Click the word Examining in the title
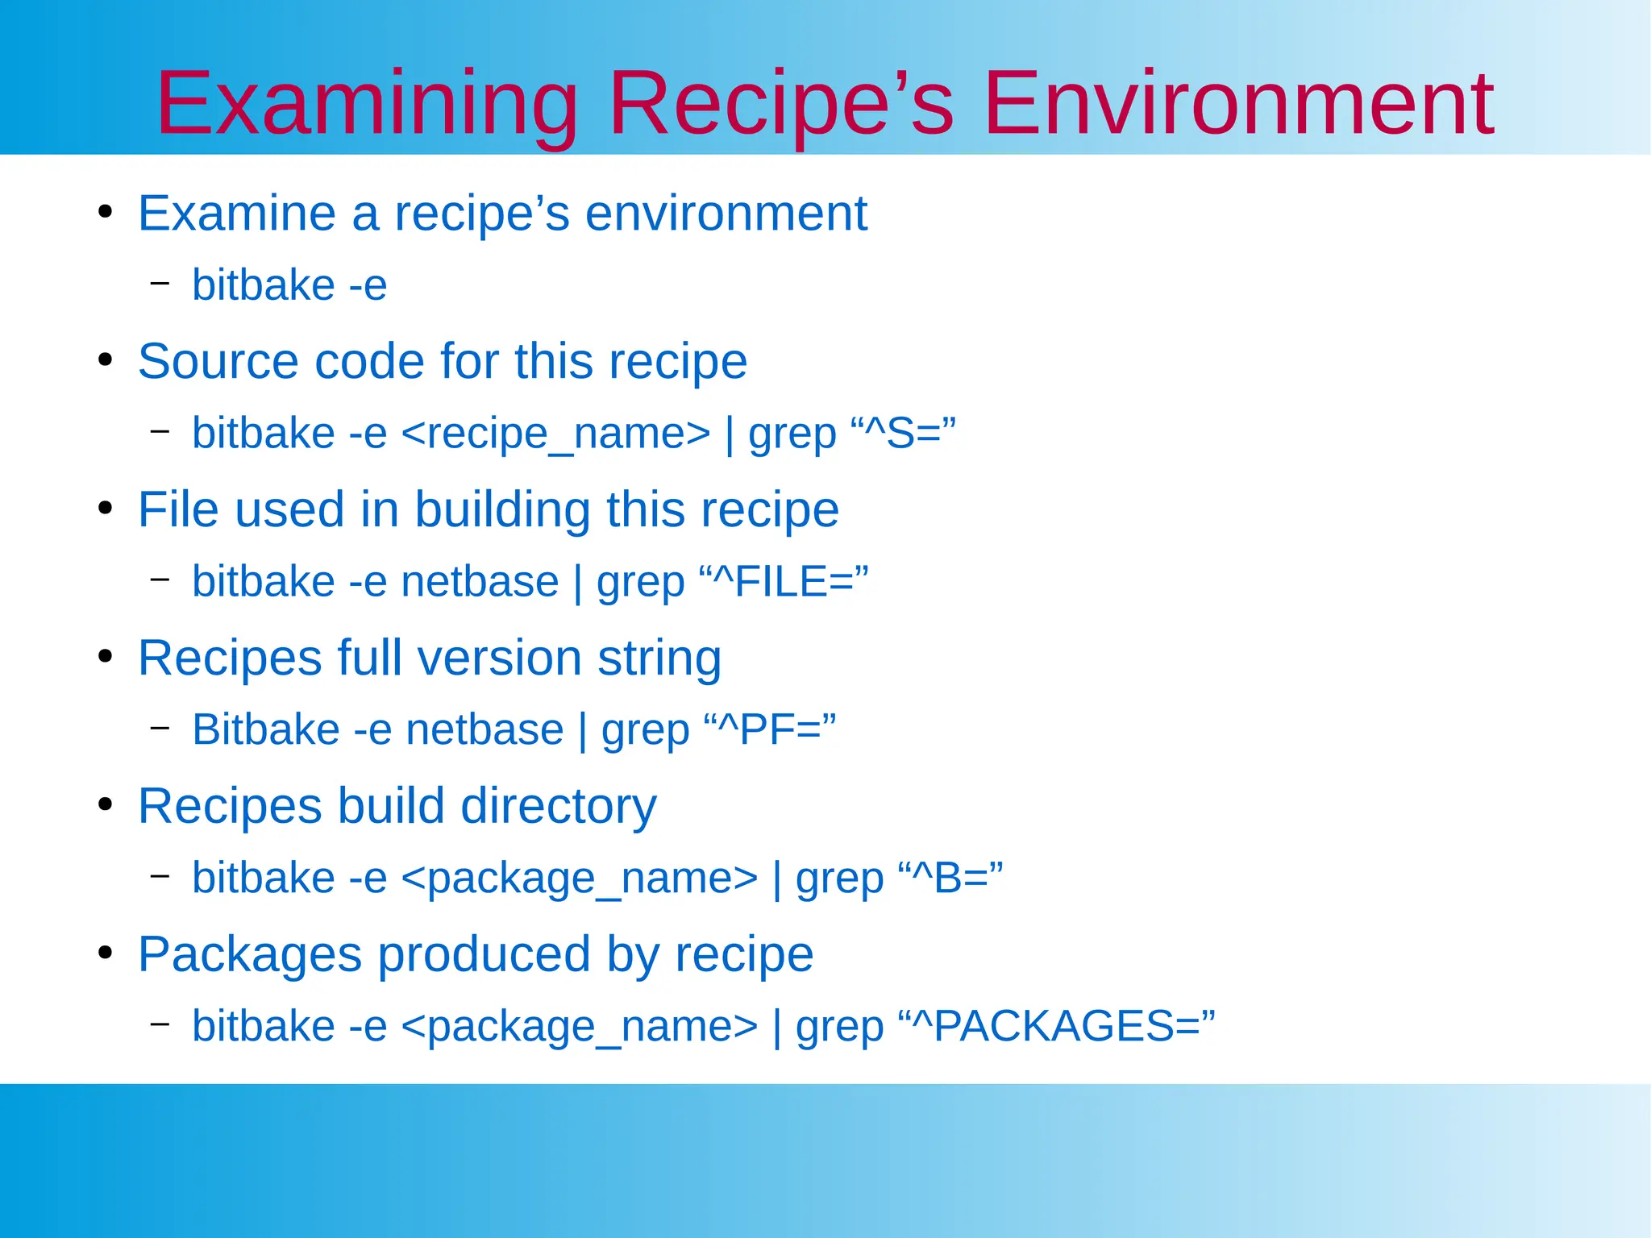(367, 105)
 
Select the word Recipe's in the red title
(780, 105)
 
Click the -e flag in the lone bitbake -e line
(368, 286)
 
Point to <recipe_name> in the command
(555, 434)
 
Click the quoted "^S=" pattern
(903, 433)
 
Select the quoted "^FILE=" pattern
(783, 581)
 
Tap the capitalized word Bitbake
(266, 729)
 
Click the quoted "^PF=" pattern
(769, 729)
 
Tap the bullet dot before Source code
(105, 360)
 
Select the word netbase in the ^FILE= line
(480, 581)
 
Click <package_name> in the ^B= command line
(579, 878)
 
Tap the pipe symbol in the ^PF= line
(582, 731)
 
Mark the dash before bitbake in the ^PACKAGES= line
(160, 1024)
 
